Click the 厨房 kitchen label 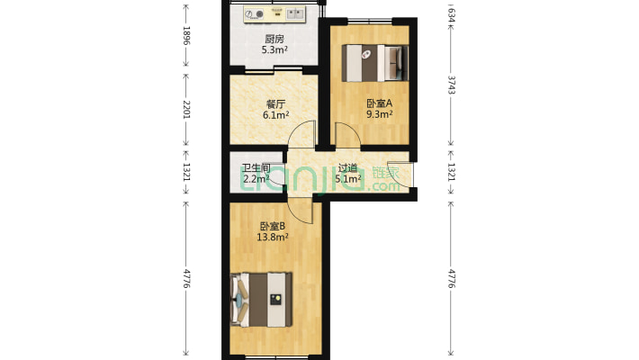pos(274,39)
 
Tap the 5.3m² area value pos(274,50)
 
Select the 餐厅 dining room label pos(275,104)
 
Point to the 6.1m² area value pos(276,115)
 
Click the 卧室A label pos(379,103)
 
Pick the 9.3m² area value pos(380,114)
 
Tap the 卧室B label pos(272,226)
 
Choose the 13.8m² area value pos(273,237)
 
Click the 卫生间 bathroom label pos(256,168)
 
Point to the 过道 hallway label pos(348,167)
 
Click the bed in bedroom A pos(374,63)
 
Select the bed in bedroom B pos(261,300)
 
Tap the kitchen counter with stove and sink pos(274,14)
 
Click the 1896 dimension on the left pos(186,35)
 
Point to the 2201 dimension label pos(186,109)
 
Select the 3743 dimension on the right pos(451,85)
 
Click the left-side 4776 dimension pos(186,278)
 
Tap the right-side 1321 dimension pos(451,172)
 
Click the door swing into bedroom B pos(300,210)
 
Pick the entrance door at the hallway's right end pos(400,175)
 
